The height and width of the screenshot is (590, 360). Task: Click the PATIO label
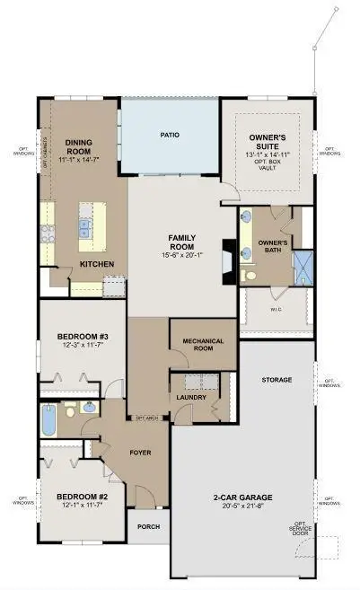[x=170, y=135]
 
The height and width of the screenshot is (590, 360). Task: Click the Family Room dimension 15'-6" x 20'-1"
[x=182, y=254]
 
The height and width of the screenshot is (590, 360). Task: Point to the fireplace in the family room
[x=230, y=254]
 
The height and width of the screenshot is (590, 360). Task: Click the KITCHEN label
[x=95, y=265]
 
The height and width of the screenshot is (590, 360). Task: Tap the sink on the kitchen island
[x=85, y=228]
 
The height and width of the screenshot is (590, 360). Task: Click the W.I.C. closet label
[x=276, y=313]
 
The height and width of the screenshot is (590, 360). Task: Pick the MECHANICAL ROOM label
[x=202, y=345]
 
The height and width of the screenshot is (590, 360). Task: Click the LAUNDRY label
[x=191, y=397]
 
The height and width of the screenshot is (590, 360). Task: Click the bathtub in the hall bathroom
[x=48, y=420]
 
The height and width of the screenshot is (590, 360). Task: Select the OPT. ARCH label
[x=146, y=418]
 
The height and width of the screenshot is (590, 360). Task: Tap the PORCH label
[x=148, y=528]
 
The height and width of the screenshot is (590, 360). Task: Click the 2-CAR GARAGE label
[x=242, y=497]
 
